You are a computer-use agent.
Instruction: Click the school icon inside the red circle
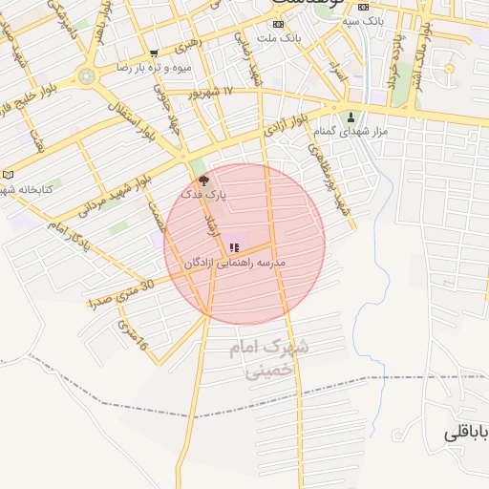point(234,247)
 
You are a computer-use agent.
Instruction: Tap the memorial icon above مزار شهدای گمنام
point(351,119)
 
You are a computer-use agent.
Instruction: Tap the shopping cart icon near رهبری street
point(154,53)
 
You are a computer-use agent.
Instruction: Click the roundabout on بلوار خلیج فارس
point(87,75)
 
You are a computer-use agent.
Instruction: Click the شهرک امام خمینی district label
point(268,359)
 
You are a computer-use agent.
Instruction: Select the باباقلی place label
point(466,434)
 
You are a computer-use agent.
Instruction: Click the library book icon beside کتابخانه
point(9,175)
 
